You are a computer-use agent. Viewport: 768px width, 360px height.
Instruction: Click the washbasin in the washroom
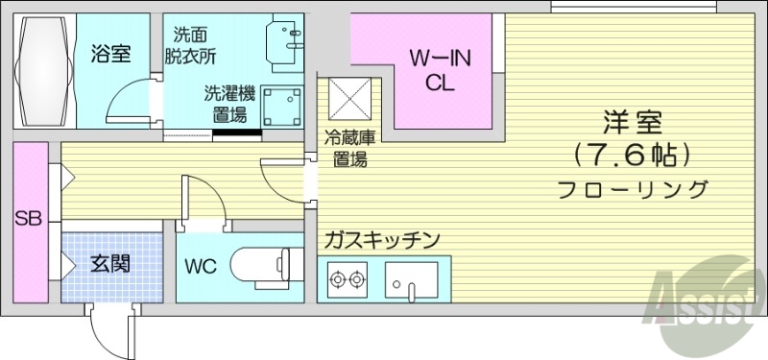point(284,43)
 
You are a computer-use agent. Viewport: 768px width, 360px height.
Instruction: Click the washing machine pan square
point(282,105)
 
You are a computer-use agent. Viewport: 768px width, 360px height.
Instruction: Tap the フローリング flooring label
point(634,188)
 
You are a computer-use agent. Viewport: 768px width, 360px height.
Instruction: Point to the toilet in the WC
point(263,262)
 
